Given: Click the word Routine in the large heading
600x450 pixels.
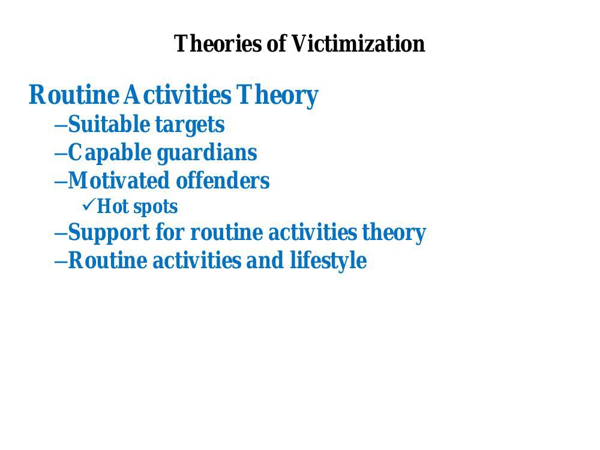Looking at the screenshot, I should tap(73, 95).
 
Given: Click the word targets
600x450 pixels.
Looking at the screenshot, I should tap(190, 125).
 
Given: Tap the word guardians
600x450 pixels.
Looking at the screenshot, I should tap(207, 153).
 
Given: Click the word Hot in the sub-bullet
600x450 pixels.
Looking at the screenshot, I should tap(112, 206).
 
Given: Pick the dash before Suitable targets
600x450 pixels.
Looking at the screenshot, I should tap(61, 125).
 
